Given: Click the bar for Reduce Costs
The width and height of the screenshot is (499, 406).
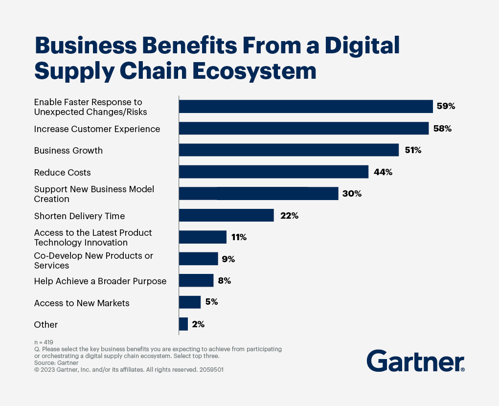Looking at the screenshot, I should tap(273, 172).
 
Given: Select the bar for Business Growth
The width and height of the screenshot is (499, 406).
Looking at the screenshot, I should tap(289, 150).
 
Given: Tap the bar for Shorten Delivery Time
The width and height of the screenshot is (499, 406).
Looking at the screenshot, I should tap(226, 215).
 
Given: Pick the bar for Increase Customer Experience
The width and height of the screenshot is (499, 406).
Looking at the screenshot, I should tap(304, 129).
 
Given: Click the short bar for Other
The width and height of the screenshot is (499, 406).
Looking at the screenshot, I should tap(183, 324).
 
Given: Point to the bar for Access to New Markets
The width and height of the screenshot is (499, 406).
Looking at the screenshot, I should tap(190, 302).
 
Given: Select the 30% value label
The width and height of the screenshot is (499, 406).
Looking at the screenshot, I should tap(352, 194).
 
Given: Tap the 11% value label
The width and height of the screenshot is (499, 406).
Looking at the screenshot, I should tap(239, 237).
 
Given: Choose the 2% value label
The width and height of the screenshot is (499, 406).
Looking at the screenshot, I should tap(198, 324).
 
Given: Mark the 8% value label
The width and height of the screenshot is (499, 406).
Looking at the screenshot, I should tap(224, 281).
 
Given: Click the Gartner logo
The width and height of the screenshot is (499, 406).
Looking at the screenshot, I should tap(415, 362).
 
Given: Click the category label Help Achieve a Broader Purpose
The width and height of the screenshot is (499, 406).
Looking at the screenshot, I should tap(100, 281).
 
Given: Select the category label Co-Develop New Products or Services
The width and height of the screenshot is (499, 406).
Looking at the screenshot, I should tap(93, 261).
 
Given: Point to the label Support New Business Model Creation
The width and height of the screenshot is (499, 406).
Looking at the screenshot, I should tap(94, 194).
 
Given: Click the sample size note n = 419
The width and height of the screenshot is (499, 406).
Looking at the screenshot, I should tap(44, 342).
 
